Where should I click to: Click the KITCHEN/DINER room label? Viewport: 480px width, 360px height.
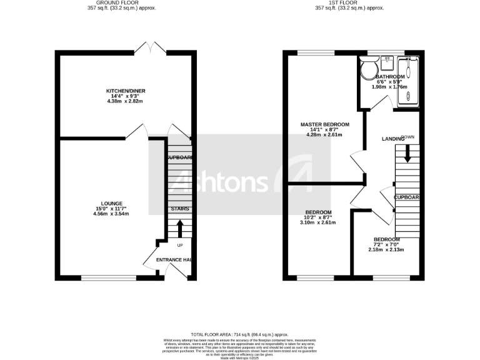click(x=125, y=91)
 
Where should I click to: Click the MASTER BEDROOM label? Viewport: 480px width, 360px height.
click(x=324, y=124)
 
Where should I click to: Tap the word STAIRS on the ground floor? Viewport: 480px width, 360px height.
click(x=180, y=209)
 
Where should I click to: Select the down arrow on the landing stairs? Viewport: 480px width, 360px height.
click(x=407, y=153)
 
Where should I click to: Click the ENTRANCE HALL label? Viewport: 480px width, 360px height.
click(x=173, y=260)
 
